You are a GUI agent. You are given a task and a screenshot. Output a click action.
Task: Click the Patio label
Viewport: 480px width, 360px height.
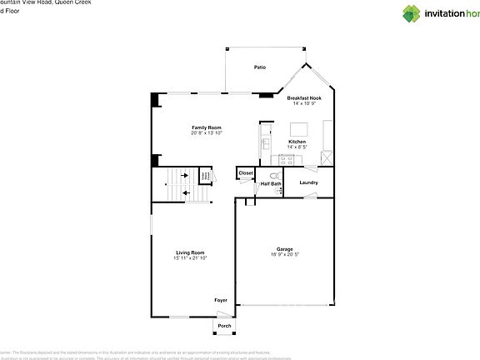tap(260, 67)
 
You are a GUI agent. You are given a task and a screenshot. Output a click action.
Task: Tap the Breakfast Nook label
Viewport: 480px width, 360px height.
tap(305, 97)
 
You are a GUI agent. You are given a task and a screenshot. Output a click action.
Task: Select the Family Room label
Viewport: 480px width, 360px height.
tap(206, 127)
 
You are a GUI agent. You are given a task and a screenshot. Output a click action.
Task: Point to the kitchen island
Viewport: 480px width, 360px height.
tap(299, 129)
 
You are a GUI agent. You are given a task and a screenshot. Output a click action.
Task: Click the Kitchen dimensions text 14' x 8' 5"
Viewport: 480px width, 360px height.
tap(297, 147)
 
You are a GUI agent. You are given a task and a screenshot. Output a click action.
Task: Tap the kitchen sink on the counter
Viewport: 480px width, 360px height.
tap(265, 142)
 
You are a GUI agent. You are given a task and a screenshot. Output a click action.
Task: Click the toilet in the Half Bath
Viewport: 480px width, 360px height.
tap(279, 190)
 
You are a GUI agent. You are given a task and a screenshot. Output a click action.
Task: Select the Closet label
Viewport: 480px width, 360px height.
tap(246, 173)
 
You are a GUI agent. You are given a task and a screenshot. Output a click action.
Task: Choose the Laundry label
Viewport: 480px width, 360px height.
tap(309, 182)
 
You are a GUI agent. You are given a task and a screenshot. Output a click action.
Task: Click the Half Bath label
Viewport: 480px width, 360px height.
tap(271, 182)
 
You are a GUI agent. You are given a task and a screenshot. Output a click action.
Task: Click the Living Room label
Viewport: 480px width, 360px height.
tap(190, 252)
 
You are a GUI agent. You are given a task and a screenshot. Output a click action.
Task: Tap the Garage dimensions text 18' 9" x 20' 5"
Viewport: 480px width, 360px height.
tap(284, 254)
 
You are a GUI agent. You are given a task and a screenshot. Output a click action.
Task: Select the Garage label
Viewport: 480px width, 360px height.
tap(285, 248)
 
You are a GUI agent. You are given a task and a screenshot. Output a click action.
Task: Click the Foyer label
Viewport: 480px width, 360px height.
tap(220, 300)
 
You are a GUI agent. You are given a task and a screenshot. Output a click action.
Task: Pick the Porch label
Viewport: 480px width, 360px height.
tap(224, 326)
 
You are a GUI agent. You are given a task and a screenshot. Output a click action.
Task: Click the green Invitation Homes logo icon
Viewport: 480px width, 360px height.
tap(413, 12)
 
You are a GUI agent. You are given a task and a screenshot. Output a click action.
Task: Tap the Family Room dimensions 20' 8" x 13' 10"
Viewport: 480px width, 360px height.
tap(206, 133)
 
